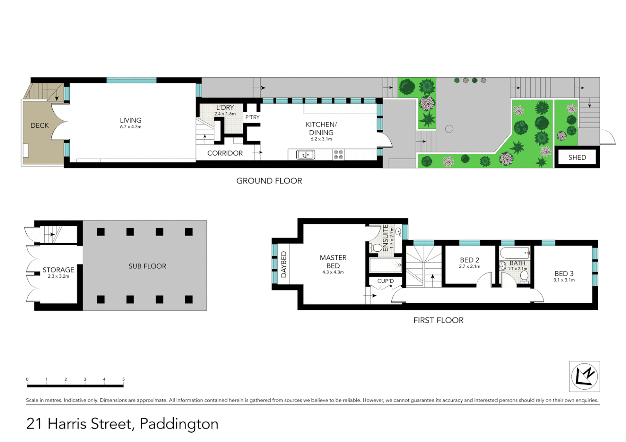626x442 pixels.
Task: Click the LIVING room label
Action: pos(130,120)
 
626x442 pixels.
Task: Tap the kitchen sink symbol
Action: pos(305,155)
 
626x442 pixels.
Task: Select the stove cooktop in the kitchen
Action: pos(338,154)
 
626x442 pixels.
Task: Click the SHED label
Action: pos(577,157)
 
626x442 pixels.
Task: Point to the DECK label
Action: pos(40,126)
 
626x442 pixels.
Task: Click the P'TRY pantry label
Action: pos(252,117)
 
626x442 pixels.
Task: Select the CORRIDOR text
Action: pos(225,153)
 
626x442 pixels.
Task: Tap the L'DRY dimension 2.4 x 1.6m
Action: pos(225,114)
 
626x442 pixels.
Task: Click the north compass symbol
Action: pos(584,377)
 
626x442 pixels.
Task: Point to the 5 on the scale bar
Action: pos(123,379)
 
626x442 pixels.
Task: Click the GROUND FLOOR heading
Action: pos(269,181)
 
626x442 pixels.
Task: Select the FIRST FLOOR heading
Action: pos(438,320)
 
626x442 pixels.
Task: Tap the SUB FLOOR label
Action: pos(147,266)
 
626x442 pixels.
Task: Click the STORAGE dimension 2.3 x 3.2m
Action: pos(59,276)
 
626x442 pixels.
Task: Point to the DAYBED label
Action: pos(284,265)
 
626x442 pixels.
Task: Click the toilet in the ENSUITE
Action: pos(377,248)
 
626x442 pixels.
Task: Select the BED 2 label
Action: pos(469,260)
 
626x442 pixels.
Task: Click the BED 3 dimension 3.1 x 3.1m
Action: pos(564,280)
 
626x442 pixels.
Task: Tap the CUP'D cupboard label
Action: pos(386,281)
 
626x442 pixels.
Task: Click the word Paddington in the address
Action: pos(179,424)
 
